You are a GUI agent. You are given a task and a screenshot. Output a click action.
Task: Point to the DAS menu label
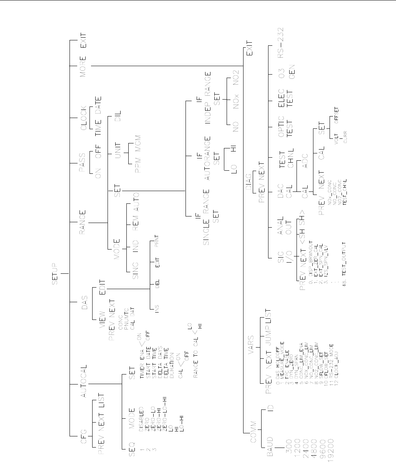pos(83,302)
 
